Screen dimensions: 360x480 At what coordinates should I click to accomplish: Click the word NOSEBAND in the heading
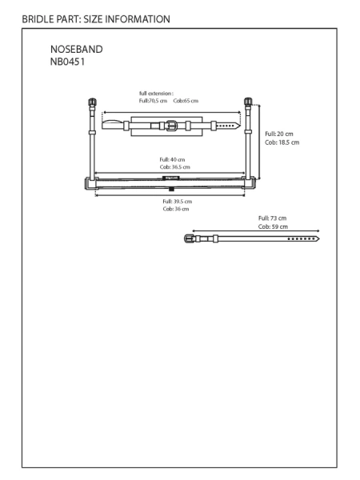point(77,50)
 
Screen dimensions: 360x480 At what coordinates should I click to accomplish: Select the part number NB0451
point(67,62)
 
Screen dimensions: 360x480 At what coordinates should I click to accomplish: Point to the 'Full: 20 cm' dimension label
point(279,134)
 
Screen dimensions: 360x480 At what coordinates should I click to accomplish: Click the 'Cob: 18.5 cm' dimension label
point(282,142)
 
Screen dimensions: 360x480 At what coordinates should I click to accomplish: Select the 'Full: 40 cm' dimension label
point(172,159)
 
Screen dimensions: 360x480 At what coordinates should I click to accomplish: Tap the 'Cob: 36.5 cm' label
point(174,167)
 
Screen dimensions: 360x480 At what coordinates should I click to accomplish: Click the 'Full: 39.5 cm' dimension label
point(178,202)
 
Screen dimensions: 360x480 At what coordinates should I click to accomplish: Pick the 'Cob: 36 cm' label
point(176,209)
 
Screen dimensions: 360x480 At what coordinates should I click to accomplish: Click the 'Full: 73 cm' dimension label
point(273,218)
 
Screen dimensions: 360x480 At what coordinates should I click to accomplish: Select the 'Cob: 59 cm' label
point(273,227)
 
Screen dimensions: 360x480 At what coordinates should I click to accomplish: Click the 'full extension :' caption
point(156,94)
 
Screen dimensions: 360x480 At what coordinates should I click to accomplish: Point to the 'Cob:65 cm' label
point(186,101)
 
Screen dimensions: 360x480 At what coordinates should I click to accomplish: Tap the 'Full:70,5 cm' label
point(153,101)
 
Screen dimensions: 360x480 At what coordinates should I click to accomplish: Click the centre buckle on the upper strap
point(171,126)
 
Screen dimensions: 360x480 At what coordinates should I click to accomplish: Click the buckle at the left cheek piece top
point(92,102)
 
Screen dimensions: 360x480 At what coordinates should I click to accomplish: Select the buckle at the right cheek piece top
point(248,102)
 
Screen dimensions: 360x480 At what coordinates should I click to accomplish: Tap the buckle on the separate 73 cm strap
point(189,238)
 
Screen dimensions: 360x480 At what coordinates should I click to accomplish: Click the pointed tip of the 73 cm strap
point(319,238)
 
